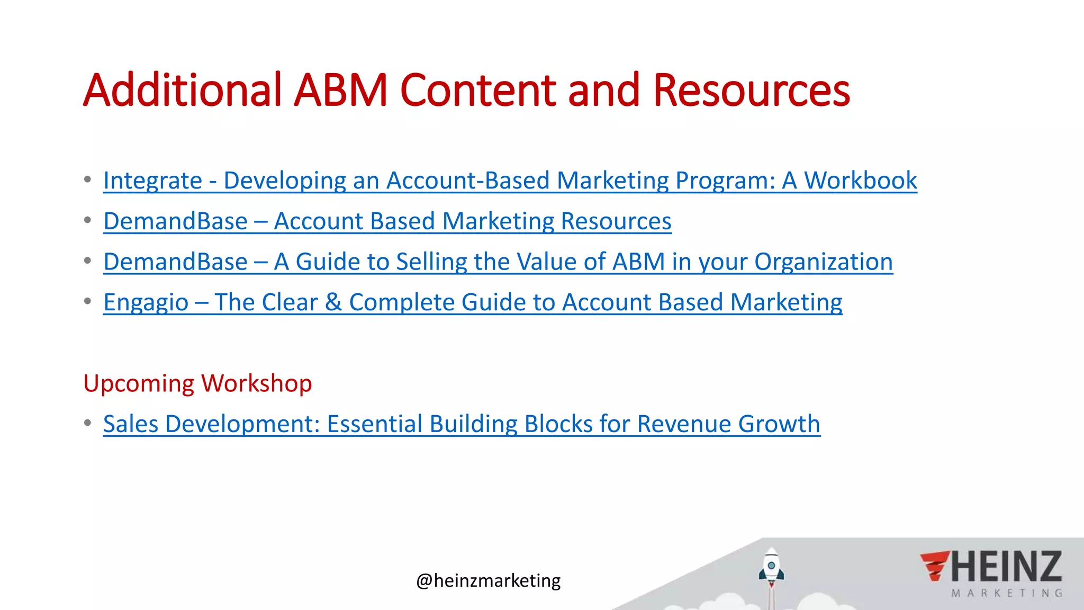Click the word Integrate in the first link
[152, 181]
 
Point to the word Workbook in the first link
[860, 181]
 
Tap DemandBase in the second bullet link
[175, 221]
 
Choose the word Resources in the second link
[616, 221]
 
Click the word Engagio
[146, 303]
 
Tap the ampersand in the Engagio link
[333, 302]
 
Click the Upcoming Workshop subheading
[197, 383]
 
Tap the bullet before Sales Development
[87, 423]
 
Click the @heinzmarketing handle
[488, 581]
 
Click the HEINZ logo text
[1006, 567]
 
